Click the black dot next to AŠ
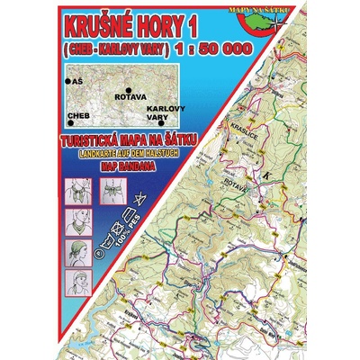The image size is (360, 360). point(68,82)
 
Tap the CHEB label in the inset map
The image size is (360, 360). point(79,116)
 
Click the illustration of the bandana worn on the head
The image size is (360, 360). point(78,249)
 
